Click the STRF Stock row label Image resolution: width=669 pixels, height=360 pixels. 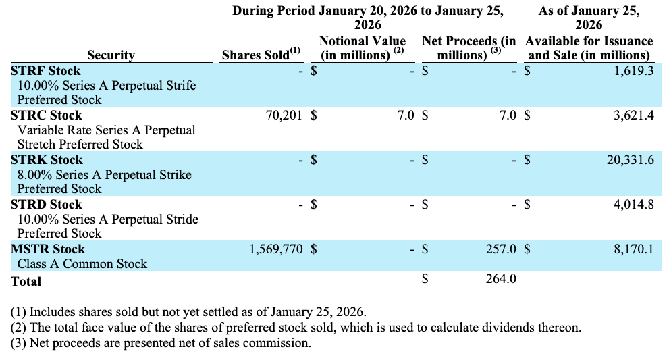coord(45,71)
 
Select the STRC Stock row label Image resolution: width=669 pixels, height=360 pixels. coord(46,115)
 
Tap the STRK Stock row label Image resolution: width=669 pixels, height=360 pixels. coord(46,160)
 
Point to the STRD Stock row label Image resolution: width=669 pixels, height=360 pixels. coord(46,205)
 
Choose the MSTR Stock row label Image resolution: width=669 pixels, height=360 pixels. coord(48,249)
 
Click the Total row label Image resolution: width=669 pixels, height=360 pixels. coord(26,282)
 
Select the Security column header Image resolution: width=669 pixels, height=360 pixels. coord(111,55)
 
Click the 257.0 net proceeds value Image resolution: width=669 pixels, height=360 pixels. coord(501,249)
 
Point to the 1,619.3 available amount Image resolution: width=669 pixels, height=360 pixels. coord(634,71)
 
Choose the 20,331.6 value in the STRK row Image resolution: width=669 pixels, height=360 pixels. coord(630,160)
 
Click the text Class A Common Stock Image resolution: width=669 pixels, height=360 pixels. coord(82,264)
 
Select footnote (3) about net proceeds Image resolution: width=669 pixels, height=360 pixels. coord(161,343)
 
